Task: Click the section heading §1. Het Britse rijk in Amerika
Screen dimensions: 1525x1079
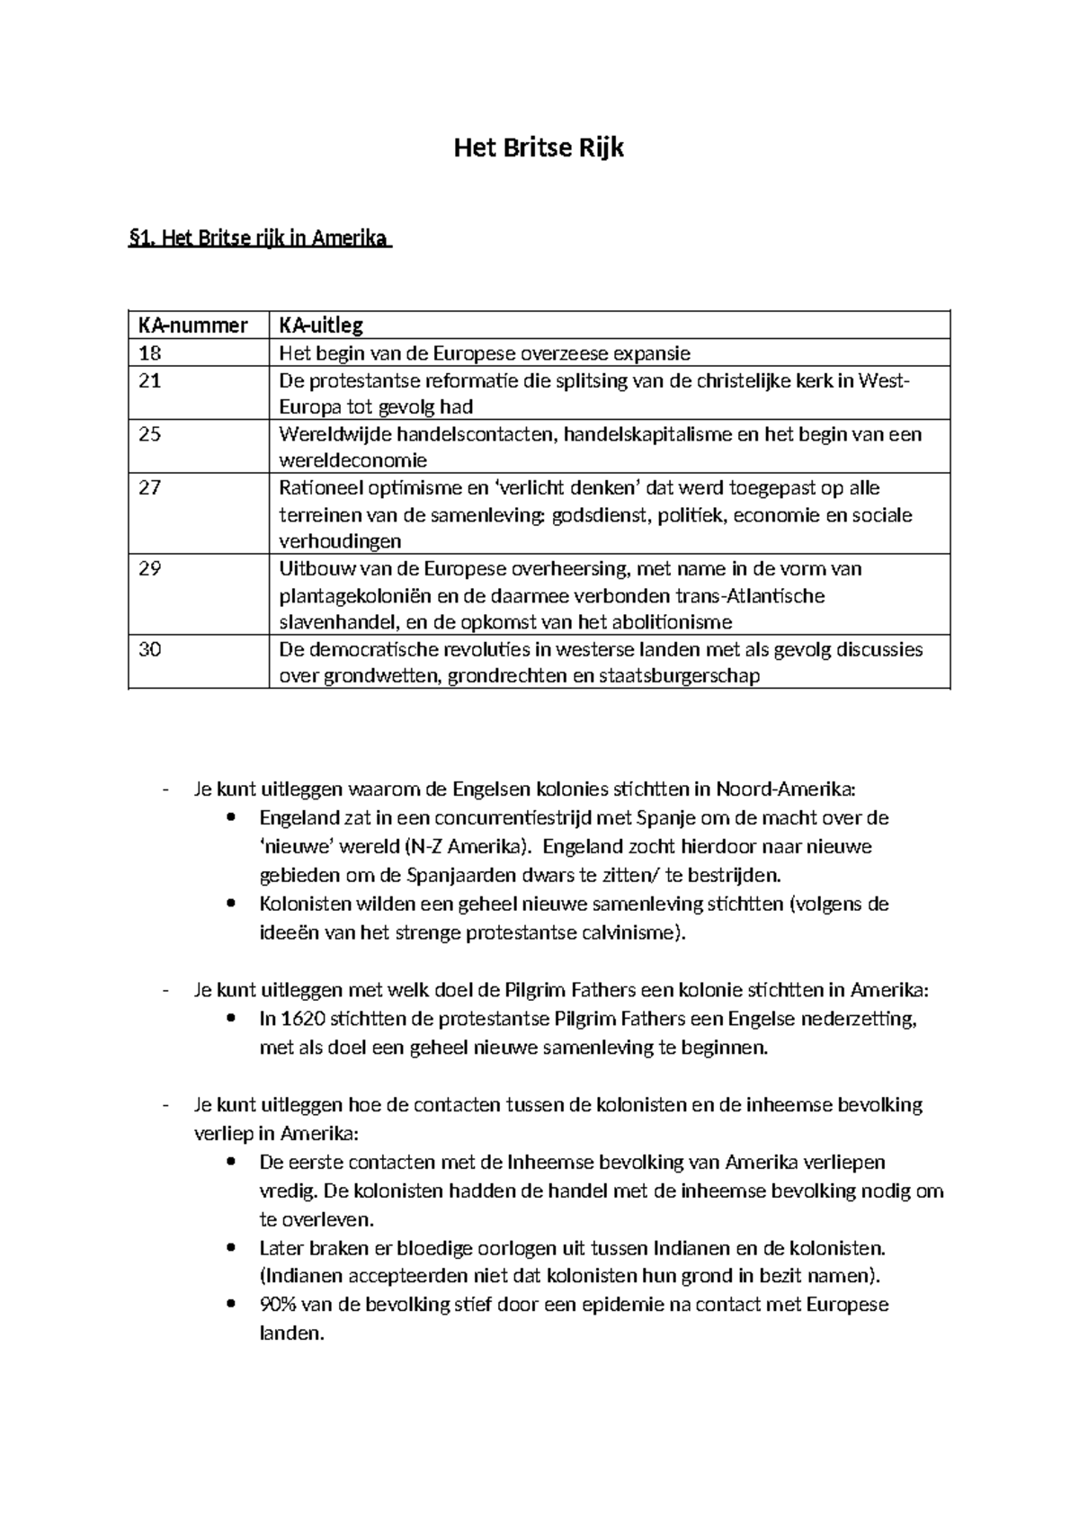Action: pyautogui.click(x=261, y=239)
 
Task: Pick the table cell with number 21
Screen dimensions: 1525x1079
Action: pyautogui.click(x=149, y=380)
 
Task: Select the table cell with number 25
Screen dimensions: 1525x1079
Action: pyautogui.click(x=149, y=434)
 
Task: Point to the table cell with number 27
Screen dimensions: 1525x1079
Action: pyautogui.click(x=149, y=488)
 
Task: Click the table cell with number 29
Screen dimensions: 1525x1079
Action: pyautogui.click(x=149, y=569)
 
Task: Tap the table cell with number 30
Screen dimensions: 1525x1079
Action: pyautogui.click(x=149, y=649)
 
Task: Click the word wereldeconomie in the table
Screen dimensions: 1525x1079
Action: pyautogui.click(x=353, y=460)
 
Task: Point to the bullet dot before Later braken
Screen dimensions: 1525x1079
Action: pyautogui.click(x=232, y=1248)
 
